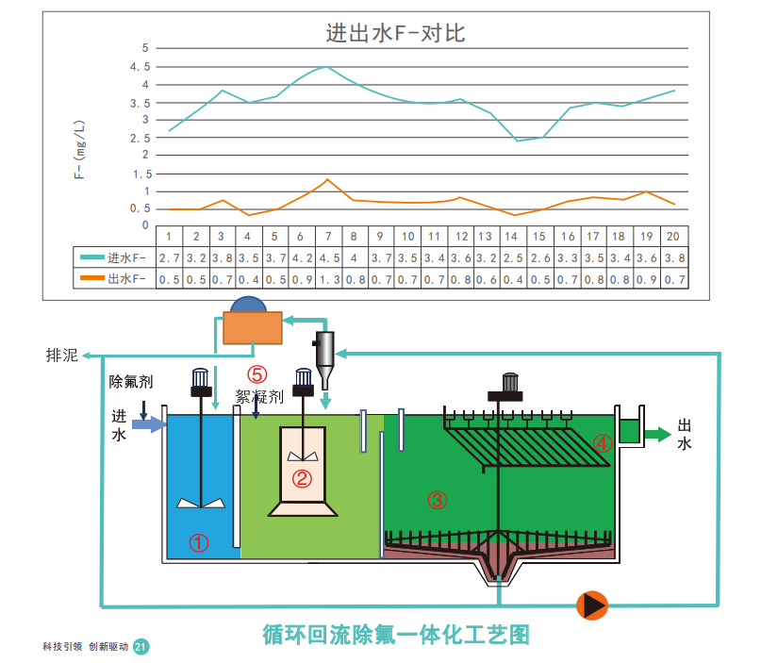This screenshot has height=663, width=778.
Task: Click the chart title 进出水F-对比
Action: [395, 33]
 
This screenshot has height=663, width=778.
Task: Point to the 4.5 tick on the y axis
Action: [140, 67]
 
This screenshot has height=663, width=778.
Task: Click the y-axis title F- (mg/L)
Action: [79, 149]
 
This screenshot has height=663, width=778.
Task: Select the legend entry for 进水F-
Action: [113, 257]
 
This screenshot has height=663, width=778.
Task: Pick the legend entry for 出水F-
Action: [113, 278]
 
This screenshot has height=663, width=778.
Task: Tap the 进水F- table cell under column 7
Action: [329, 258]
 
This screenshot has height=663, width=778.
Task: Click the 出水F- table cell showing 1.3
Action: [329, 279]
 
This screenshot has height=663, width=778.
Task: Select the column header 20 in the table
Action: [672, 236]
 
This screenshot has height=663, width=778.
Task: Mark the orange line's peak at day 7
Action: [327, 179]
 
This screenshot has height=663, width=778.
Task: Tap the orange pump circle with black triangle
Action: [592, 605]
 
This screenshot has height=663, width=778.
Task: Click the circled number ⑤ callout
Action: [257, 374]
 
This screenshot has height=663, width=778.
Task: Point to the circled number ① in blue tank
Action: [198, 543]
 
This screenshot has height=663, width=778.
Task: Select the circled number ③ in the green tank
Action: [438, 500]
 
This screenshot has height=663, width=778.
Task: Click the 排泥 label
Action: [62, 356]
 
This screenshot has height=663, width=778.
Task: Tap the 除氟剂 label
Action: [131, 382]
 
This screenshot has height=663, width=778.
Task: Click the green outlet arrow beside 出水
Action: [657, 434]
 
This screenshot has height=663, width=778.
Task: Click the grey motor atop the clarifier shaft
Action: [510, 382]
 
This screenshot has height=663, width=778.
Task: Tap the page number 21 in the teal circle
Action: [141, 647]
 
